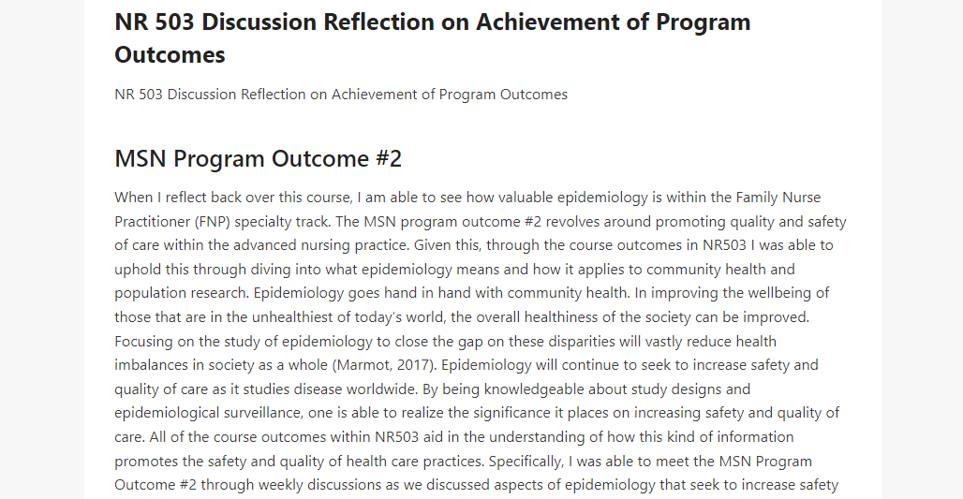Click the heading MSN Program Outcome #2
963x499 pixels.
(258, 158)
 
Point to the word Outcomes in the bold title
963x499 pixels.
(170, 54)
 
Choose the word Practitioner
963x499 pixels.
(153, 222)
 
